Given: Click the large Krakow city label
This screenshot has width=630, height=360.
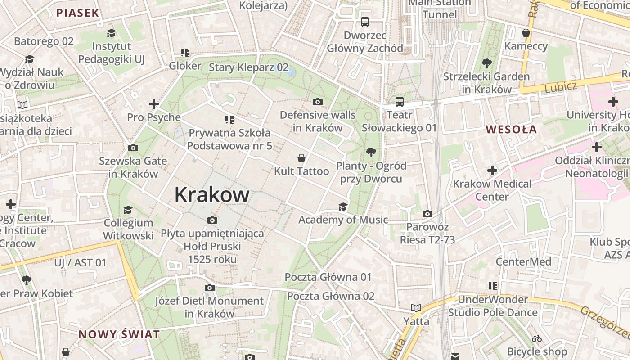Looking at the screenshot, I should (x=212, y=195).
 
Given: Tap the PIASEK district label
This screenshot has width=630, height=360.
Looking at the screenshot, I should (x=78, y=13).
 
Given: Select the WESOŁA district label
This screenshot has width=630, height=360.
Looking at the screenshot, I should (x=511, y=130).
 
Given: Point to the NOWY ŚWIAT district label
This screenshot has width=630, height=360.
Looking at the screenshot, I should (x=119, y=334).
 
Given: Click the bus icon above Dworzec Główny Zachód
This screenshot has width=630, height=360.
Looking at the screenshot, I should (x=365, y=22).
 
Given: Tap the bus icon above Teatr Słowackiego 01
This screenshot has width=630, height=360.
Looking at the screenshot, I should (x=399, y=101).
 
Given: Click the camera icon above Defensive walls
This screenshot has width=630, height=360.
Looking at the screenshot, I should (x=318, y=102).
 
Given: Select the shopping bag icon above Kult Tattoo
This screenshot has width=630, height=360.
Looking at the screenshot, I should (x=301, y=158).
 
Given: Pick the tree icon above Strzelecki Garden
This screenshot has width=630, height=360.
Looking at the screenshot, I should (x=486, y=63).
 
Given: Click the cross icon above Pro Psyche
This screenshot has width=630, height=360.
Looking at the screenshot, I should (x=154, y=104).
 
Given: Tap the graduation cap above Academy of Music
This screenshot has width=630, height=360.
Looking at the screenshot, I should (x=343, y=207).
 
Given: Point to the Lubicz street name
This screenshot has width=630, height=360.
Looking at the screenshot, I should (x=561, y=87).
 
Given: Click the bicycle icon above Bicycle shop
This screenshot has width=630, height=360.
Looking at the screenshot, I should (x=537, y=338).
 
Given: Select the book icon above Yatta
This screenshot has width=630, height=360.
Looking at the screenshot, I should (x=416, y=308).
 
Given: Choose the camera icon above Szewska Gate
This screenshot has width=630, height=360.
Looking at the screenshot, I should (x=133, y=148).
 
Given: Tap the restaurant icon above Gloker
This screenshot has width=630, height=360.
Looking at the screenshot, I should (x=184, y=53).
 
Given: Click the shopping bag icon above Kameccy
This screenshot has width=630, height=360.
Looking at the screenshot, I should (x=526, y=33).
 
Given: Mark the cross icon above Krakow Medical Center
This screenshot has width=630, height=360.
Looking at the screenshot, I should (x=492, y=171).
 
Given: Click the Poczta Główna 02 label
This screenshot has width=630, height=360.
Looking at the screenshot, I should (x=331, y=296).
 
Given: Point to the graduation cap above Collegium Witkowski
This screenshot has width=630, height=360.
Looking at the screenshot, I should (x=128, y=210).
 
